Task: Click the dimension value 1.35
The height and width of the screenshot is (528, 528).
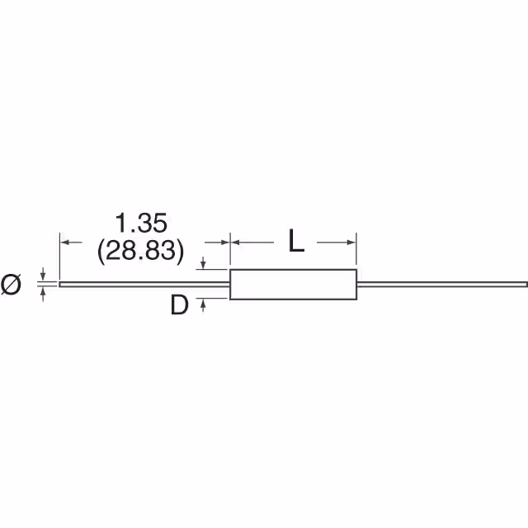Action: pyautogui.click(x=141, y=223)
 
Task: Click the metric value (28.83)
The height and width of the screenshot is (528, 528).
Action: pyautogui.click(x=141, y=251)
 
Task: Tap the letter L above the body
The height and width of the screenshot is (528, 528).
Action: pyautogui.click(x=296, y=240)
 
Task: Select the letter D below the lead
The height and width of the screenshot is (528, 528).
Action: pyautogui.click(x=179, y=304)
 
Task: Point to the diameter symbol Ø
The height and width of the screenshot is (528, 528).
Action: pyautogui.click(x=11, y=284)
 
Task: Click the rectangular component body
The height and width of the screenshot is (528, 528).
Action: pyautogui.click(x=293, y=284)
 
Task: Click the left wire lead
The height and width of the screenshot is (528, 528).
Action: pyautogui.click(x=144, y=285)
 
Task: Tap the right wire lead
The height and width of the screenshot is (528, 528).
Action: pyautogui.click(x=442, y=285)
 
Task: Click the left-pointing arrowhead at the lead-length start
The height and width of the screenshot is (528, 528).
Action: pyautogui.click(x=65, y=242)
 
